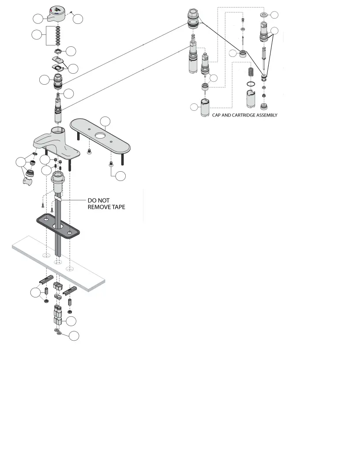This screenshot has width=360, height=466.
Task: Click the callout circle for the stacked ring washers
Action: [x=37, y=34]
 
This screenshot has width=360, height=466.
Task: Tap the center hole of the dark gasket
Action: [x=57, y=226]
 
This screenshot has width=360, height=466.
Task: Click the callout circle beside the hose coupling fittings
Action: [x=70, y=321]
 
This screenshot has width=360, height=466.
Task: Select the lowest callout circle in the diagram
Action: [x=74, y=336]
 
